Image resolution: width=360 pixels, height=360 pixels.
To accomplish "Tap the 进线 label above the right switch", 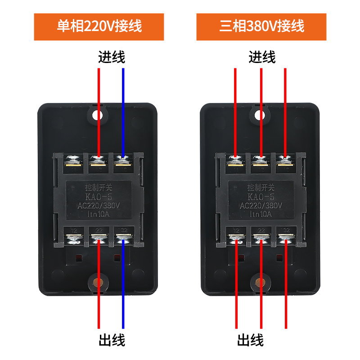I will (261, 57).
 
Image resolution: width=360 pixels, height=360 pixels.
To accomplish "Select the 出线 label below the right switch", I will (250, 339).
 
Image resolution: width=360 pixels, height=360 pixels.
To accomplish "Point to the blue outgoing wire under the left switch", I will (123, 288).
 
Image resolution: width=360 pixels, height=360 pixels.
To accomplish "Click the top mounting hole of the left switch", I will (97, 116).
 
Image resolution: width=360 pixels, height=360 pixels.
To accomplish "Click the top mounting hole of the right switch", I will (260, 116).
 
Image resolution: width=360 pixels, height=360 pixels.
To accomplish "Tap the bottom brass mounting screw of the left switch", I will (97, 283).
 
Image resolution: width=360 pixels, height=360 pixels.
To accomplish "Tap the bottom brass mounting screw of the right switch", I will (260, 283).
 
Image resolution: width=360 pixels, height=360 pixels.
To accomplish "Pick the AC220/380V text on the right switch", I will (261, 205).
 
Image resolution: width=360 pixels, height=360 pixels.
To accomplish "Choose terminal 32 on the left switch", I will (122, 238).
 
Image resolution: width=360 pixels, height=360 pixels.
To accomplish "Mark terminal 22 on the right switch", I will (261, 238).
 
